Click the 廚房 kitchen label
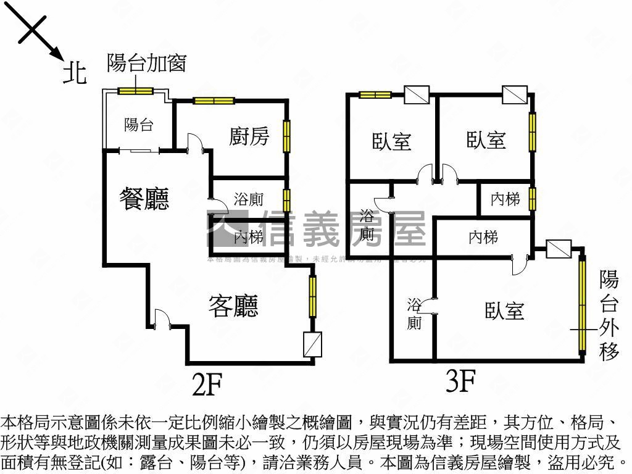click(x=249, y=136)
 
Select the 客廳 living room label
click(x=233, y=306)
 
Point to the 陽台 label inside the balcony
click(x=139, y=125)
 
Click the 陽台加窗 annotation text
click(x=146, y=63)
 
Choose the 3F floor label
click(x=460, y=381)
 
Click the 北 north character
click(x=75, y=75)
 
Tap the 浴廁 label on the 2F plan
click(x=249, y=199)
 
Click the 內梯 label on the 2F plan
click(x=249, y=236)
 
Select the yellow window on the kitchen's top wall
click(x=214, y=101)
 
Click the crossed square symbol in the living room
click(x=313, y=344)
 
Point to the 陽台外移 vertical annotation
click(x=609, y=315)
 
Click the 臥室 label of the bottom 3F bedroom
click(x=504, y=310)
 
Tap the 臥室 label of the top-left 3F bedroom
click(x=391, y=141)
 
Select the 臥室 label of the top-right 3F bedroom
click(x=486, y=141)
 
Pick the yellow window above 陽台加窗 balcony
click(x=136, y=91)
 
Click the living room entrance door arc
click(x=162, y=318)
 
